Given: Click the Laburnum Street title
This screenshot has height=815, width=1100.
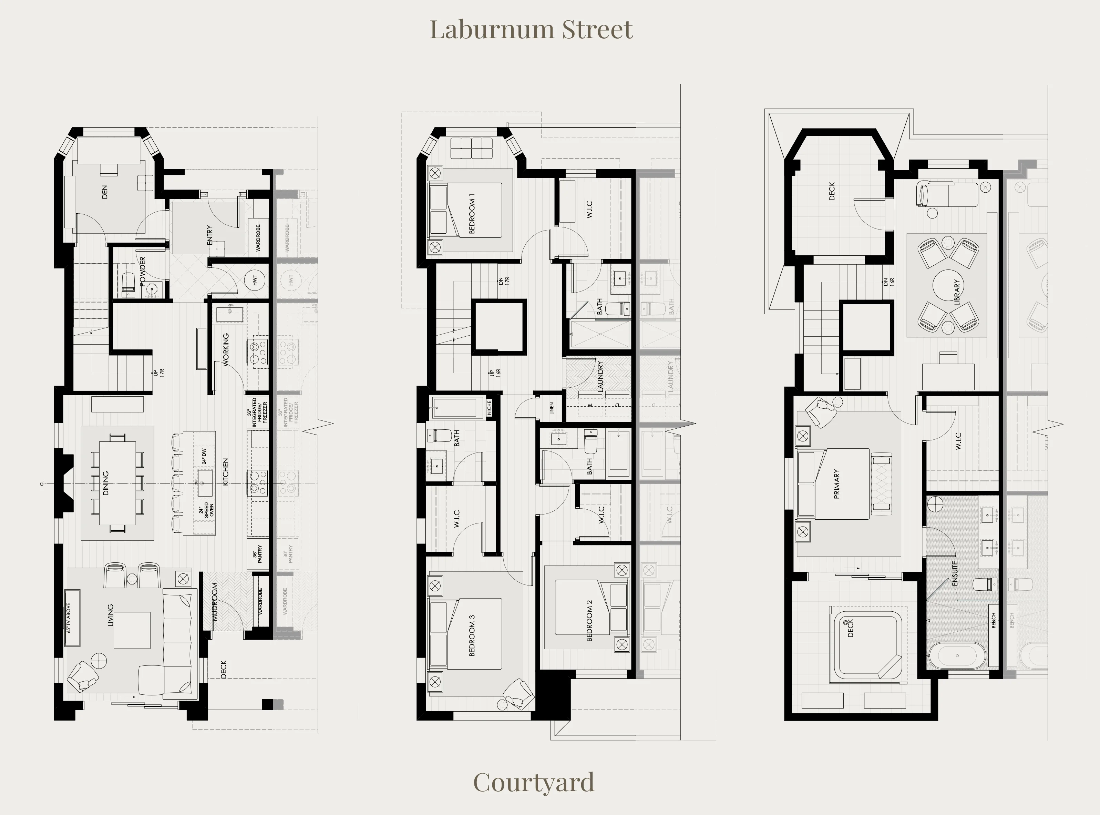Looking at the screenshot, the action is (531, 30).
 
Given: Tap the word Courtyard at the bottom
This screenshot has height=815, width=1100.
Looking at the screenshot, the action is (534, 783).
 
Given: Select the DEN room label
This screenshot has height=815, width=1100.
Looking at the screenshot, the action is (104, 192).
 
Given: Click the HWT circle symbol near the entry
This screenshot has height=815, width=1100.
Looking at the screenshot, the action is (255, 280).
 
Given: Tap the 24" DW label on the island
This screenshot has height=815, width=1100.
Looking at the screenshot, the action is (204, 456).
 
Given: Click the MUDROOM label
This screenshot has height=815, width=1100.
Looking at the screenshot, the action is (215, 601).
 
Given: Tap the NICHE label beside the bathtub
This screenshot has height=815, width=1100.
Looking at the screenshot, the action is (489, 407).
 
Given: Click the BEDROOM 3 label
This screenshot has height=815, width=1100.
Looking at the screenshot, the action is (472, 635).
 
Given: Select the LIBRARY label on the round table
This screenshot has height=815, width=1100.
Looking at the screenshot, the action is (957, 292).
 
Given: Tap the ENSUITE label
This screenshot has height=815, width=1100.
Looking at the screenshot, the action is (955, 573).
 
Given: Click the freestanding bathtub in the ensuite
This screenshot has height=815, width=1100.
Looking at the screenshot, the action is (957, 656).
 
